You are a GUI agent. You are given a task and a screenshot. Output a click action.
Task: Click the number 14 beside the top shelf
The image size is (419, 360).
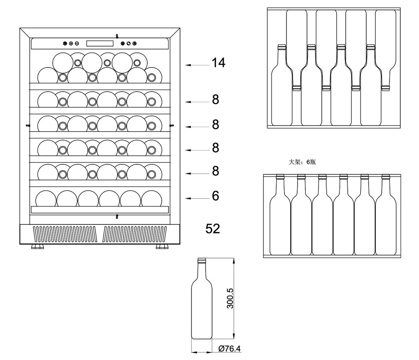[x=219, y=63]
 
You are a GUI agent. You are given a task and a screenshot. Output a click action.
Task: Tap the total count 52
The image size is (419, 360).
[x=213, y=229]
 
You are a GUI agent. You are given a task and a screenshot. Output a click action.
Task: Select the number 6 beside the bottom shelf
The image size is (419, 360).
[x=216, y=196]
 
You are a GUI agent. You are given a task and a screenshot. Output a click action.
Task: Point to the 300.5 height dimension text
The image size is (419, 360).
[x=230, y=298]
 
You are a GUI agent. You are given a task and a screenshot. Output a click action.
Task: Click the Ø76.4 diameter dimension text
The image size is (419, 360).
[x=229, y=348]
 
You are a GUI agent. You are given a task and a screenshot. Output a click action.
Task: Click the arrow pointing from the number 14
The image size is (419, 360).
[x=197, y=65]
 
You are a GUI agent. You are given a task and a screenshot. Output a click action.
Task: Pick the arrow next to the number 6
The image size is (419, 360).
[x=197, y=198]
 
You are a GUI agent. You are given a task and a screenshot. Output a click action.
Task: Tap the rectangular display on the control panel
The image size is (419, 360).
[x=100, y=43]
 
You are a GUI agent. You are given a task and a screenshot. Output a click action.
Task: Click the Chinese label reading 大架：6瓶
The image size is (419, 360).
[x=302, y=162]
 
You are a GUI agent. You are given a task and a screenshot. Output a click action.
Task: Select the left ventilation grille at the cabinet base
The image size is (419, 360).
[x=64, y=234]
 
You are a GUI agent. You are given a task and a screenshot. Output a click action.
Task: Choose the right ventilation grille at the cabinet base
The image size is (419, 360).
[x=135, y=234]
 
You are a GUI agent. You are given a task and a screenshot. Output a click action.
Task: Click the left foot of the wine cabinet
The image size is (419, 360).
[x=37, y=246]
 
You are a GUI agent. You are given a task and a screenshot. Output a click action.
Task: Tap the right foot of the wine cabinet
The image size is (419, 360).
[x=162, y=246]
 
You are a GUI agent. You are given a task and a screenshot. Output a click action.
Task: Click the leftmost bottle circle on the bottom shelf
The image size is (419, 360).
[x=46, y=198]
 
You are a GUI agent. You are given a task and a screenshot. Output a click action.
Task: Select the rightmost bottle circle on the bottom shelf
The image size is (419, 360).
[x=152, y=198]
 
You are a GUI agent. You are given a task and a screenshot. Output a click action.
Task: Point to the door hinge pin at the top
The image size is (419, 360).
[x=117, y=36]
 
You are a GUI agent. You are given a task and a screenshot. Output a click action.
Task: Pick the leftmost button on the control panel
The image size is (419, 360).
[x=65, y=43]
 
